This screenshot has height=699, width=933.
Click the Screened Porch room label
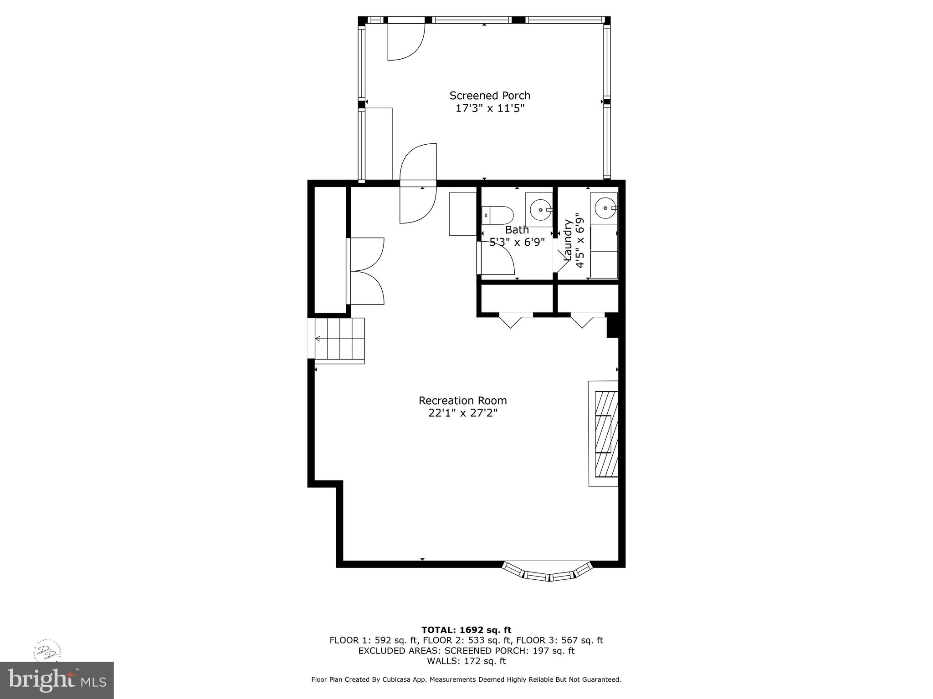click(490, 96)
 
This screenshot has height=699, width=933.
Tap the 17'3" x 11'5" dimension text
click(490, 108)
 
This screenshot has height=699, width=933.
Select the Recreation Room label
click(462, 400)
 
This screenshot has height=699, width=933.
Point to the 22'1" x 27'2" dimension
click(462, 413)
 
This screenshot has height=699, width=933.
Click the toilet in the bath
click(497, 215)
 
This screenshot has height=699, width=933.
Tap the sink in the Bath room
click(540, 209)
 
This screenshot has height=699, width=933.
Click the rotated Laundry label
click(568, 240)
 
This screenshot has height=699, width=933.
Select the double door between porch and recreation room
click(418, 183)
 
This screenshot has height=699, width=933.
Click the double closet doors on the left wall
click(366, 271)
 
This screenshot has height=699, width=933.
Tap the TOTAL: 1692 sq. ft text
click(466, 630)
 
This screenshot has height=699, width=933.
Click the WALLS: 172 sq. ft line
click(466, 661)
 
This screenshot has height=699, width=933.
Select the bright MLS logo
click(56, 680)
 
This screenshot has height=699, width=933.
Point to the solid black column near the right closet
click(612, 326)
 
